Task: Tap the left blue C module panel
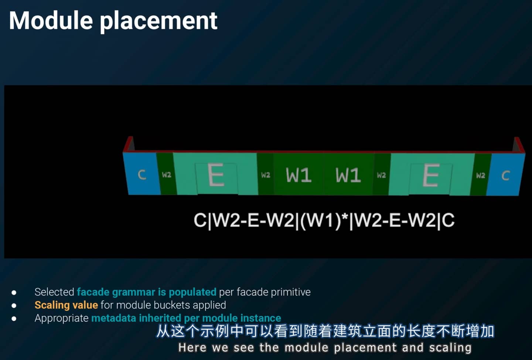point(141,173)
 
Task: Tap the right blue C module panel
point(506,175)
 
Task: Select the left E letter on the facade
point(216,175)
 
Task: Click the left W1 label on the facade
point(299,175)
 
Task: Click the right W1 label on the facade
point(348,175)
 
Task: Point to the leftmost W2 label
point(167,175)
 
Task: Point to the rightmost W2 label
point(480,175)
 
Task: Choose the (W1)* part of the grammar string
point(324,221)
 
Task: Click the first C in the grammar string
point(200,220)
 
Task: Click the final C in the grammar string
point(448,220)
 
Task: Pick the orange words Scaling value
point(66,305)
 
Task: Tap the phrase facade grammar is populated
point(147,292)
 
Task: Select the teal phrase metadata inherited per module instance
point(186,318)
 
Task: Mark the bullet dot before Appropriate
point(14,318)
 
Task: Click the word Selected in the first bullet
point(54,292)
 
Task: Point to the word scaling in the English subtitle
point(450,348)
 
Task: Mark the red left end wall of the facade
point(128,144)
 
